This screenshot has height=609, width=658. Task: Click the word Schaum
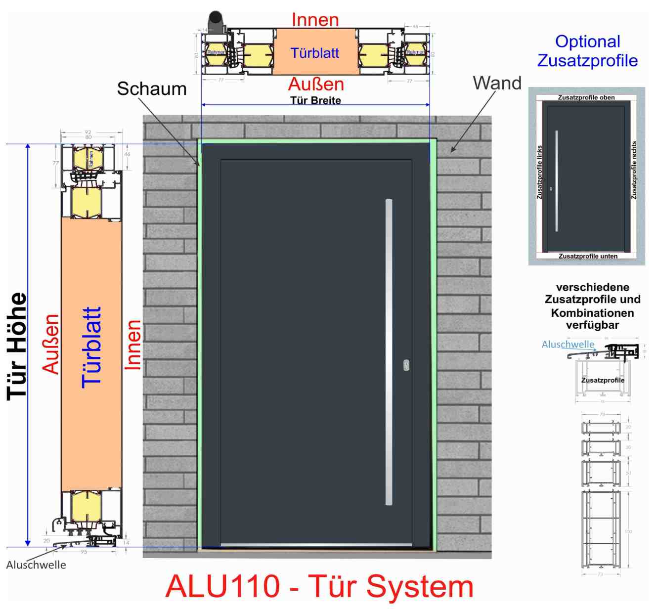click(152, 89)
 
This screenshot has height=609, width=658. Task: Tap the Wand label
click(497, 83)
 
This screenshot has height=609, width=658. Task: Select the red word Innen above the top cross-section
click(315, 20)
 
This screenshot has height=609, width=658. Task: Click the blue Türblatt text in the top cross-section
click(315, 53)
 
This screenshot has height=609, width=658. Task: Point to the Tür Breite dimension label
click(315, 100)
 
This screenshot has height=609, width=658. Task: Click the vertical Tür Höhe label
click(17, 346)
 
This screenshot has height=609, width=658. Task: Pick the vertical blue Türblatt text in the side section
click(91, 347)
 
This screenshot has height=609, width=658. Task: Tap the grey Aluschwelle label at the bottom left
click(36, 565)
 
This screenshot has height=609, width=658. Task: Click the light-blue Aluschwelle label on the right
click(568, 344)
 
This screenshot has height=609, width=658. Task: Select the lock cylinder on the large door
click(406, 365)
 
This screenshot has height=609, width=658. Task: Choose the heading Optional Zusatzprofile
click(587, 51)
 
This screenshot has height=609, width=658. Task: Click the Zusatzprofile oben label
click(586, 97)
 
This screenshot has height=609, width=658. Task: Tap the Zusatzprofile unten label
click(588, 256)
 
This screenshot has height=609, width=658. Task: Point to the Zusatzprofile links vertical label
click(539, 172)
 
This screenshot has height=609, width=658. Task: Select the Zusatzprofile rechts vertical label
click(634, 171)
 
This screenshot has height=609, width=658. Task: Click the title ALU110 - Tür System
click(319, 587)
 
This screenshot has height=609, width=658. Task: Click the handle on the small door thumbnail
click(557, 181)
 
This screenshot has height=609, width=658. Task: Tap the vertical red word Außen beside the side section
click(51, 344)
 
